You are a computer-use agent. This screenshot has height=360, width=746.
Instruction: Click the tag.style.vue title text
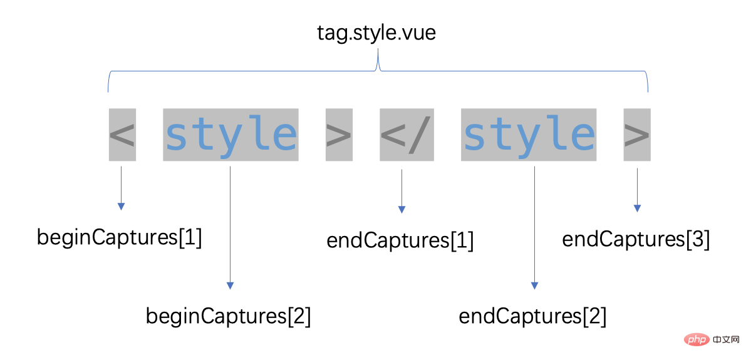click(376, 32)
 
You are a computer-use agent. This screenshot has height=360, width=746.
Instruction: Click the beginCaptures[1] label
click(120, 238)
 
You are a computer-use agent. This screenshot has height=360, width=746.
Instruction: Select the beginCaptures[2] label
click(229, 316)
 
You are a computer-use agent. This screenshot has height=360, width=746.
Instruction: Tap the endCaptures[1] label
click(400, 240)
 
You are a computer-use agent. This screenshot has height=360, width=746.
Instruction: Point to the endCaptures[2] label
click(533, 316)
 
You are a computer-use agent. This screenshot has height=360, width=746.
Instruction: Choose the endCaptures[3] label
click(636, 239)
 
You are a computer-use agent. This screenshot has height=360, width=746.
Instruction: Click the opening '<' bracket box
click(122, 135)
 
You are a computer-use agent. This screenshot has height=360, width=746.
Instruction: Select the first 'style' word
click(231, 135)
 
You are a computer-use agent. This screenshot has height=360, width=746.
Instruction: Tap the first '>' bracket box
click(339, 135)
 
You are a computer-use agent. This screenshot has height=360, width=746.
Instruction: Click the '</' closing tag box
click(407, 135)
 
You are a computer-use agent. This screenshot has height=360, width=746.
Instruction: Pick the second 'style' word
click(529, 135)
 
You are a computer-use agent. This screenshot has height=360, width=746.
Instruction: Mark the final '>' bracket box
click(637, 135)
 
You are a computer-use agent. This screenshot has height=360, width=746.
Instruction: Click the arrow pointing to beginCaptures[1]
click(122, 188)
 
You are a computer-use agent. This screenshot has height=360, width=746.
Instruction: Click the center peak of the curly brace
click(378, 63)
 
